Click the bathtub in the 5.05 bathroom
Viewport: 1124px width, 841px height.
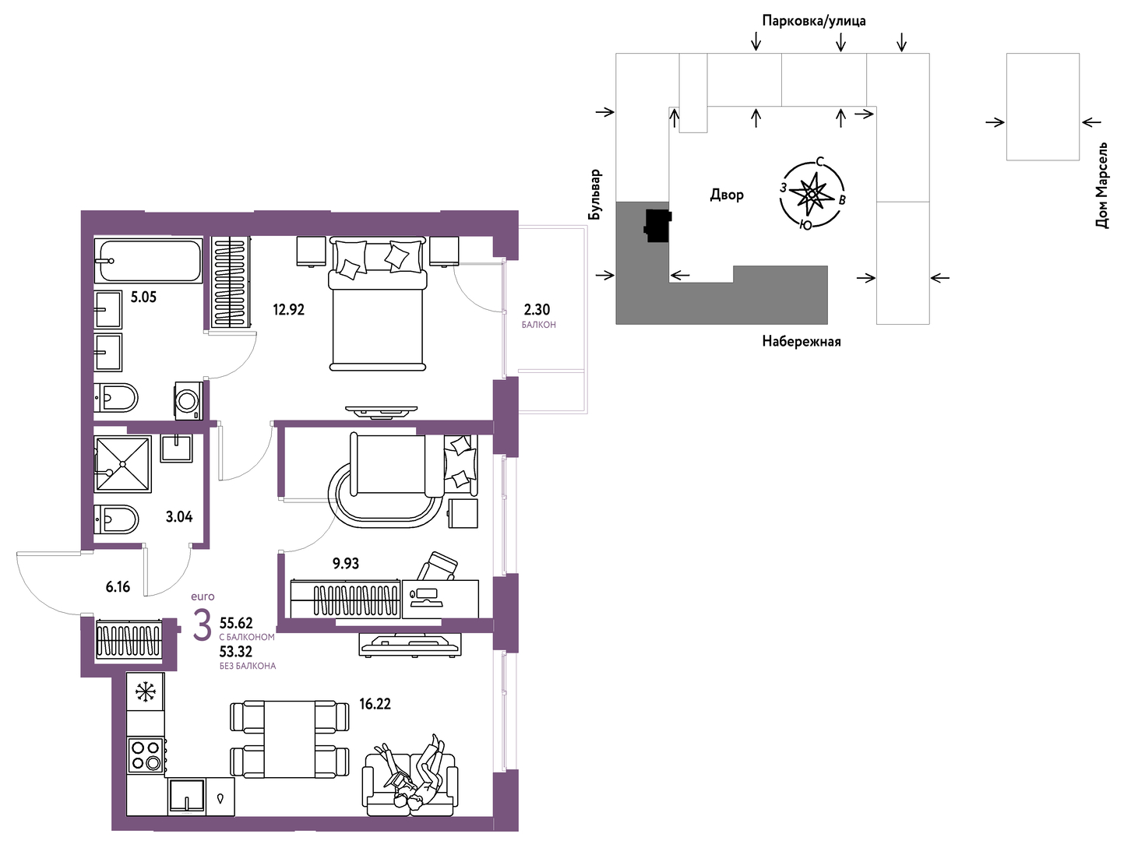(x=149, y=261)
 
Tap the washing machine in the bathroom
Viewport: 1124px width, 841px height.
(x=188, y=400)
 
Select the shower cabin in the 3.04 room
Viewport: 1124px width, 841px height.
(x=123, y=464)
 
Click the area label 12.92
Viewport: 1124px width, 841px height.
(x=289, y=310)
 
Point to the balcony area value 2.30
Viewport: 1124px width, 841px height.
(x=537, y=310)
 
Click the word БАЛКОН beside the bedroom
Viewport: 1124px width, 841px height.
(x=539, y=325)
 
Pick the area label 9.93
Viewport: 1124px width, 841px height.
(x=346, y=564)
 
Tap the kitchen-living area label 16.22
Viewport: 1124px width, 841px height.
(x=375, y=704)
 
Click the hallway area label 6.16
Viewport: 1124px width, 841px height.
(x=118, y=587)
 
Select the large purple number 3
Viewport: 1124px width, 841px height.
(x=202, y=626)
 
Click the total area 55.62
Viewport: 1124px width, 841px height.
(x=236, y=623)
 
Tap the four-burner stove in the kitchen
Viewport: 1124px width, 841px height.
(x=146, y=755)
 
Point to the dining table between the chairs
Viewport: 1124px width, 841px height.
(x=289, y=740)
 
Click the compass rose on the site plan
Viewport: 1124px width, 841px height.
(x=812, y=193)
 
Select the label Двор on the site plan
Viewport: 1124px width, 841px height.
(x=727, y=195)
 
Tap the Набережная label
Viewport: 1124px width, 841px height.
(x=802, y=341)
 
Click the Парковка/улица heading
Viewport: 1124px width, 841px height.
(x=814, y=21)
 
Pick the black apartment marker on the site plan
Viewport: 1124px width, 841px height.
(x=657, y=225)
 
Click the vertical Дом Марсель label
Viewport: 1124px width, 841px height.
(x=1101, y=185)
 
